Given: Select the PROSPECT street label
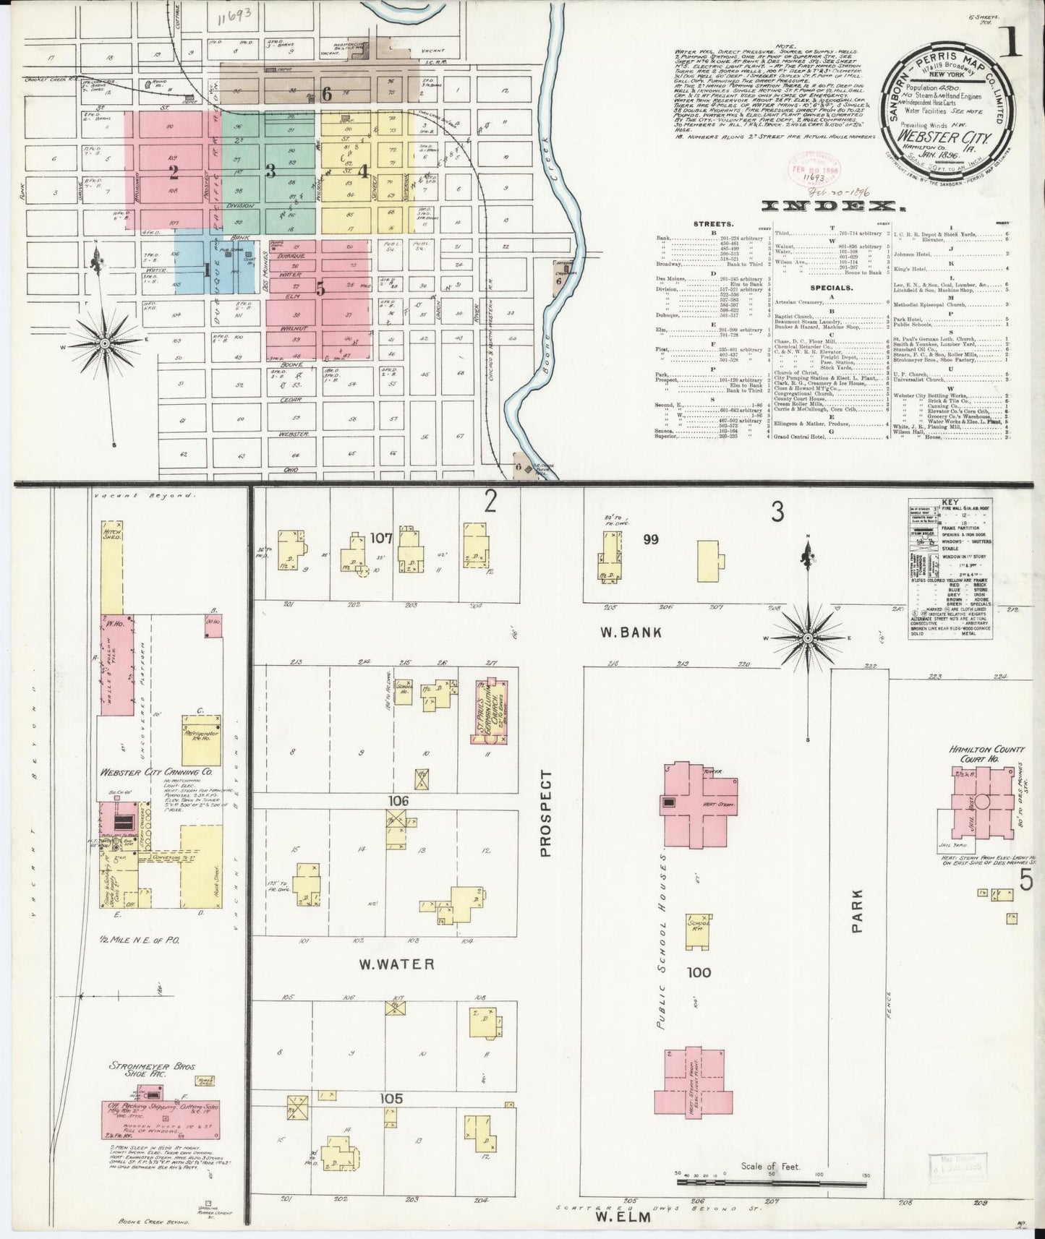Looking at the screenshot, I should coord(546,813).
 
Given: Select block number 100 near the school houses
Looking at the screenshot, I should coord(700,972).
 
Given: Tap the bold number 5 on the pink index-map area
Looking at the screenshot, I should coord(319,288).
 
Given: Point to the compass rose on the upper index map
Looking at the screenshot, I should coord(106,342).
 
